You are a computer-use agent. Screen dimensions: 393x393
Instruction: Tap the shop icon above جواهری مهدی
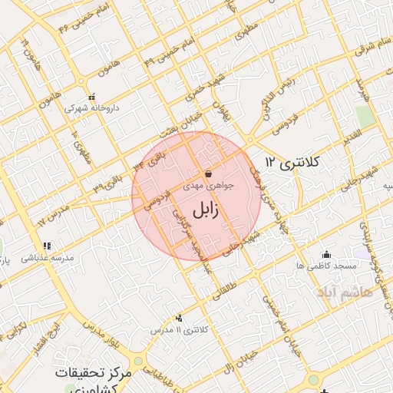[x=209, y=173]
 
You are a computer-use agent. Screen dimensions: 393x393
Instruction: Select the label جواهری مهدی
[x=209, y=185]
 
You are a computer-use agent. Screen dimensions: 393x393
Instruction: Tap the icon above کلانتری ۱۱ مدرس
[x=180, y=317]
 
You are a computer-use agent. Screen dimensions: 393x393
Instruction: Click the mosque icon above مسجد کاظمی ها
[x=327, y=254]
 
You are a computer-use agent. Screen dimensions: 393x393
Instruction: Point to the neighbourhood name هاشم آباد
[x=342, y=292]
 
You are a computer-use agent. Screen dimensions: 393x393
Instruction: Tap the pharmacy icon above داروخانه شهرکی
[x=93, y=97]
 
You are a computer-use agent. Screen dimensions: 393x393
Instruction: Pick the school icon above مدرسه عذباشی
[x=47, y=246]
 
